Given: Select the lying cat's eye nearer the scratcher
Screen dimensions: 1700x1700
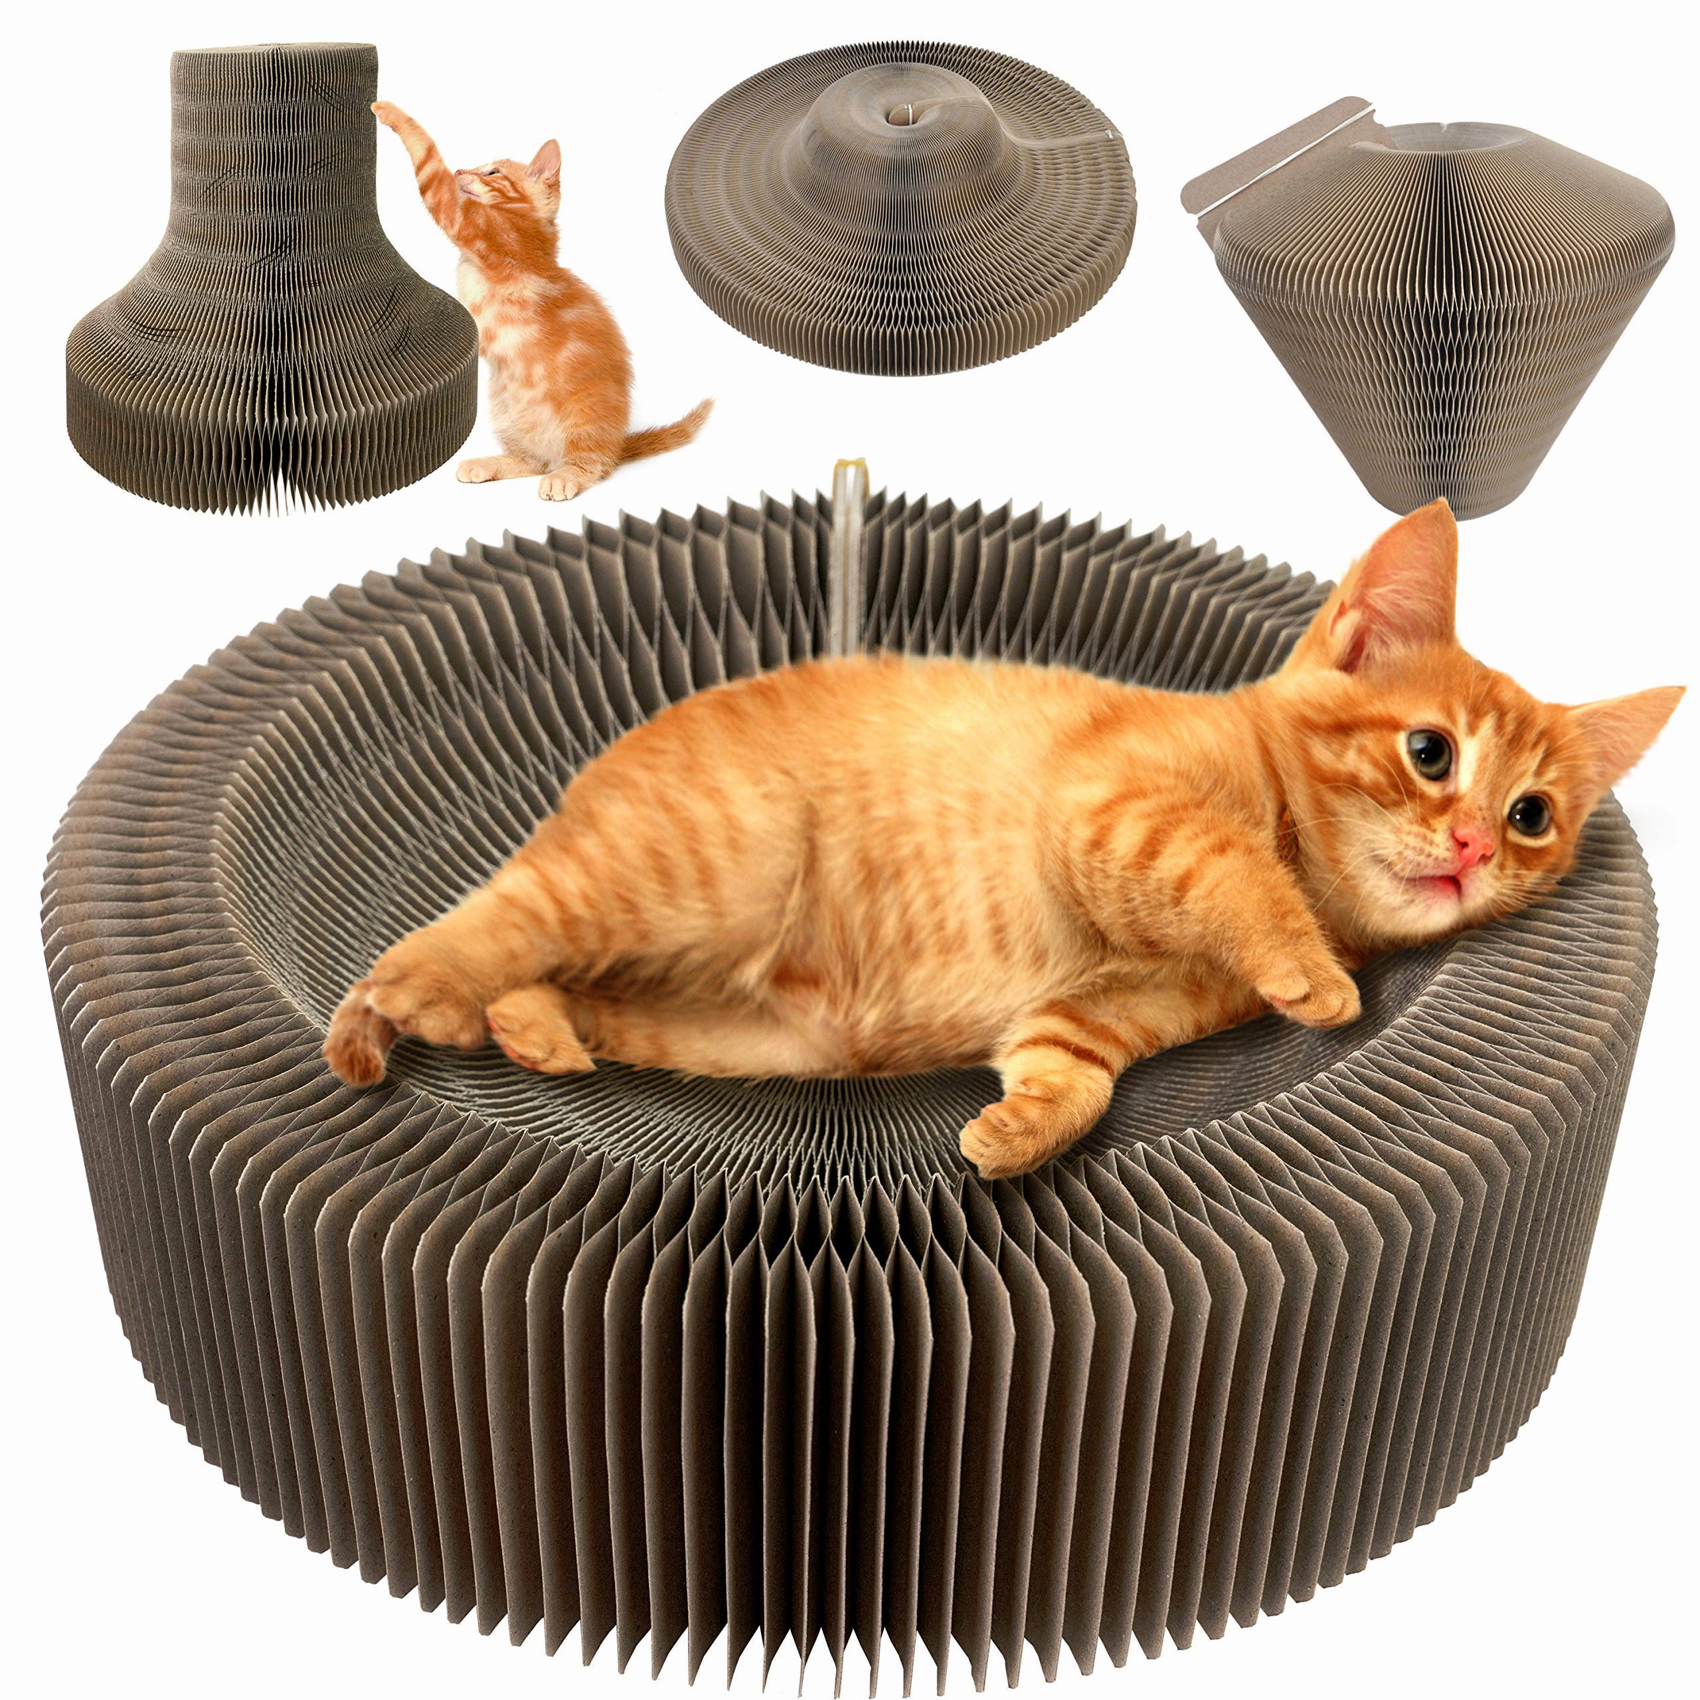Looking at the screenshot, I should click(x=1529, y=815).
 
